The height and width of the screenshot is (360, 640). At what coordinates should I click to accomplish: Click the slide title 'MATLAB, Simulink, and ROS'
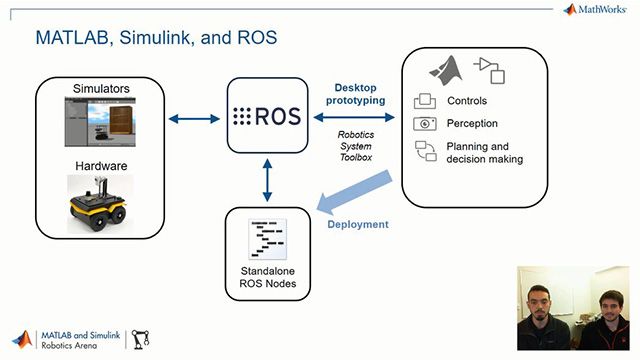pyautogui.click(x=156, y=38)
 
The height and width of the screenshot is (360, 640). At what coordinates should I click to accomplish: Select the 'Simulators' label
pyautogui.click(x=101, y=89)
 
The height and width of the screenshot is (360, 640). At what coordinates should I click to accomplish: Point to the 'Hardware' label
pyautogui.click(x=100, y=165)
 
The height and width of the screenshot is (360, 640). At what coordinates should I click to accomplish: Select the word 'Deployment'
pyautogui.click(x=358, y=224)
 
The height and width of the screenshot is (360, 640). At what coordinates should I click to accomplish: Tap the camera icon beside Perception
pyautogui.click(x=425, y=123)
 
